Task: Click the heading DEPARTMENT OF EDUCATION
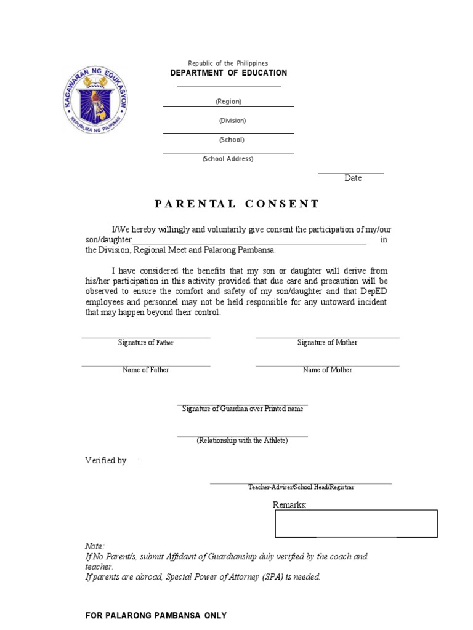coord(228,73)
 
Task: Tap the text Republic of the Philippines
coord(228,63)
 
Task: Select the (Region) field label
coord(228,102)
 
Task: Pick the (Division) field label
coord(232,121)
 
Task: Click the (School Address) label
coord(228,159)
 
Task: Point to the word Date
coord(353,178)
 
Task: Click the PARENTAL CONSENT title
coord(236,204)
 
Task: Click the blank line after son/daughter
coord(249,242)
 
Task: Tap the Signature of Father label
coord(146,343)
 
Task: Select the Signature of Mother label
coord(327,343)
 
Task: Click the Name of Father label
coord(146,370)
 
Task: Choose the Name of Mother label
coord(328,370)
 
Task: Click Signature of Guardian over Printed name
coord(243,409)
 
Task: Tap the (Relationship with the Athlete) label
coord(242,441)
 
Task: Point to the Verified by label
coord(105,460)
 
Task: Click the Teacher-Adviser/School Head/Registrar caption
coord(301,487)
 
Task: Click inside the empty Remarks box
coord(356,524)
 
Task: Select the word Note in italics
coord(94,546)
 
